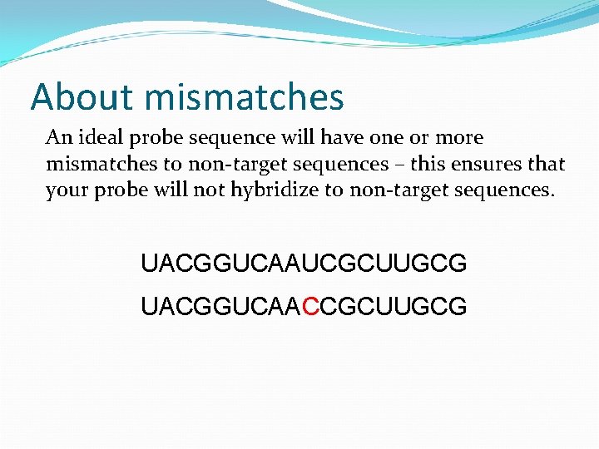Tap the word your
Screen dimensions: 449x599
pos(66,191)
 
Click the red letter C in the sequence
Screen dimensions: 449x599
pos(311,308)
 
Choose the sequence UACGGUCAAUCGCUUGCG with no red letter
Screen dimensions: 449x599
pos(304,264)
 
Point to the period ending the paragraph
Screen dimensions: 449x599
pos(551,196)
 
